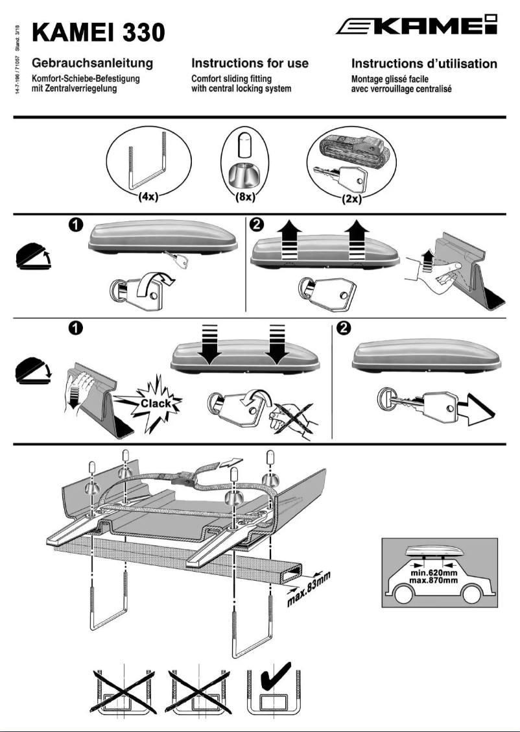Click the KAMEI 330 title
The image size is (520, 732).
(99, 33)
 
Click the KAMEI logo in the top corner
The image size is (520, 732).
(416, 25)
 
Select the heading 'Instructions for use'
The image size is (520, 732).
(250, 63)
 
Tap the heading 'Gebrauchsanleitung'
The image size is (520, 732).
(92, 63)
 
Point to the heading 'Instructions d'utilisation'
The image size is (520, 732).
(425, 64)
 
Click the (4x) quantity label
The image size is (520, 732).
(148, 197)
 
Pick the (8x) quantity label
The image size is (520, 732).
(245, 197)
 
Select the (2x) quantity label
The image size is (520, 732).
(351, 199)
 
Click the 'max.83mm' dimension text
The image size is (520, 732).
(308, 589)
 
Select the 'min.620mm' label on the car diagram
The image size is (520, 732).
(434, 573)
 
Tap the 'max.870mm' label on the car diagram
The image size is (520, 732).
(434, 580)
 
